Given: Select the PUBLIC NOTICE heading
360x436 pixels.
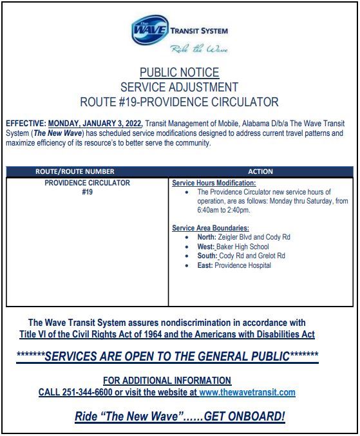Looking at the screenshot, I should point(179,73).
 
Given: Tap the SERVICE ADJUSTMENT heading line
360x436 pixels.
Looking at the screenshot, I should point(179,87).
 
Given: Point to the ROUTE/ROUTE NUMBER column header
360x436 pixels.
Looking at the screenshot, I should point(75,172).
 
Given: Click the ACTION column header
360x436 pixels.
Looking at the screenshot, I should point(260,172).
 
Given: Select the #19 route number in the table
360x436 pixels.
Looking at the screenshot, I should point(87,192).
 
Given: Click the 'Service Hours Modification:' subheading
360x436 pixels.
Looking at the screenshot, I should point(205,184).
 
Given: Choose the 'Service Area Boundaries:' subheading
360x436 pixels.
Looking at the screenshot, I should point(210,228).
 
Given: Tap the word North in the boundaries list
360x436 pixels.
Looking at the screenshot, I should point(206,237).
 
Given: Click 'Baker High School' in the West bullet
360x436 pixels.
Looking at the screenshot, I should point(243,247).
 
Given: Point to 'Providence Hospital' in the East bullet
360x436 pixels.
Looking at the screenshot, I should point(243,265).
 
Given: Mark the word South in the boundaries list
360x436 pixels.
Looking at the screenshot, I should point(207,256).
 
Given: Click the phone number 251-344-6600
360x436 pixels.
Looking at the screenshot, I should point(84,392).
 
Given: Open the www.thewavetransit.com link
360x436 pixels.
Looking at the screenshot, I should point(247,392).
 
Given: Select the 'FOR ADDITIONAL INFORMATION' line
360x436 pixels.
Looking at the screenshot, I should point(167,381).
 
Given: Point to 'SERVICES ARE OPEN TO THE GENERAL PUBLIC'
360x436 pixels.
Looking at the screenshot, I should point(167,356).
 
